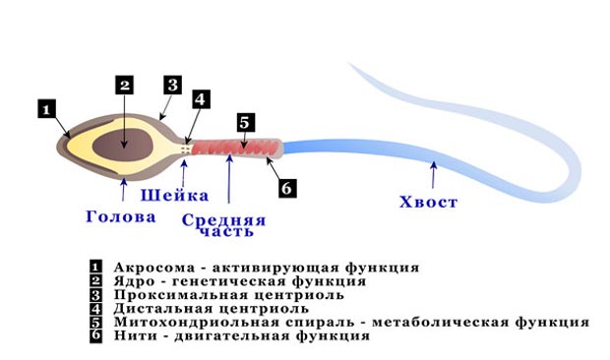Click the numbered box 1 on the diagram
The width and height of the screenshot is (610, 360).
tap(47, 109)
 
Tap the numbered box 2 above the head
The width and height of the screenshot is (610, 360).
tap(124, 85)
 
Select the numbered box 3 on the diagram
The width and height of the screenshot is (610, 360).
tap(171, 85)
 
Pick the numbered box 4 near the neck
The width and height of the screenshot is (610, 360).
tap(200, 100)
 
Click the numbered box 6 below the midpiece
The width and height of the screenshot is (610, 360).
tap(286, 187)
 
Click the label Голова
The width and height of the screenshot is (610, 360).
tap(118, 216)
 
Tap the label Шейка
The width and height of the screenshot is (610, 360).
tap(175, 196)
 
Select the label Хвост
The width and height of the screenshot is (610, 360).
tap(428, 203)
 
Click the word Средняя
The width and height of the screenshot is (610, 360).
tap(223, 219)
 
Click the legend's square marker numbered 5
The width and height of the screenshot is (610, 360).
tap(96, 322)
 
